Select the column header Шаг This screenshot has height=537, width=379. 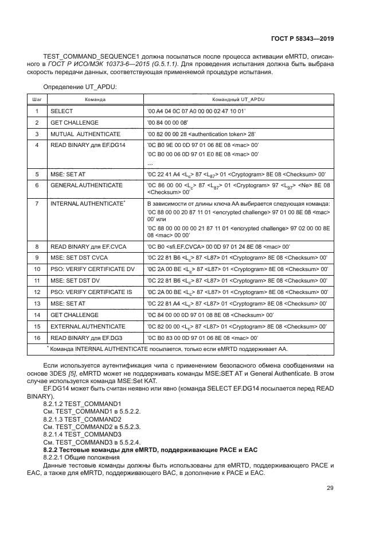pyautogui.click(x=37, y=99)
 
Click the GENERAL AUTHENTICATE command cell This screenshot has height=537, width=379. pyautogui.click(x=87, y=186)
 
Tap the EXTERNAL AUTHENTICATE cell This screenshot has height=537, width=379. pyautogui.click(x=88, y=326)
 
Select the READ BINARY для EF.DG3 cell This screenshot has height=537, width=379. pyautogui.click(x=84, y=338)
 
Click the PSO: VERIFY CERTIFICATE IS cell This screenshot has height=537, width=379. pyautogui.click(x=92, y=292)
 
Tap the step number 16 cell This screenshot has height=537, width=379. pyautogui.click(x=37, y=338)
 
